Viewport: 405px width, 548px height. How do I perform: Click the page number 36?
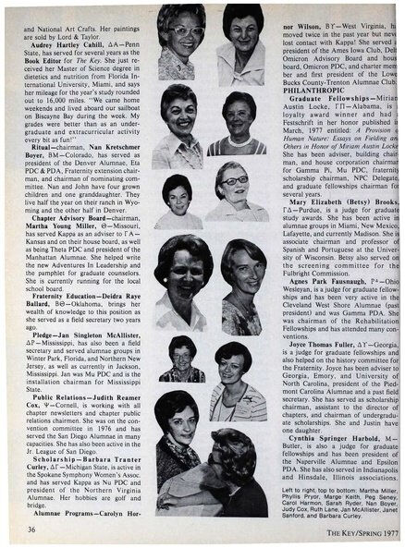[32, 529]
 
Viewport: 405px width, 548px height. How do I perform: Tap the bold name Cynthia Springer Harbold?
[328, 437]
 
